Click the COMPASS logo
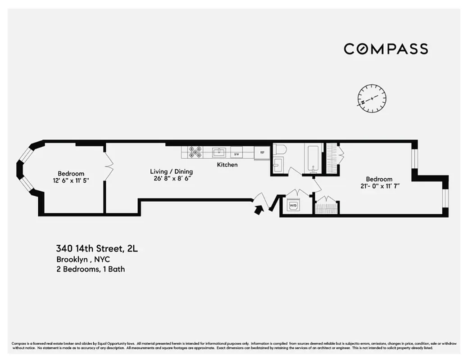pyautogui.click(x=386, y=49)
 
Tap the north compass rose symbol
pyautogui.click(x=372, y=99)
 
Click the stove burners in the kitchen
pyautogui.click(x=195, y=152)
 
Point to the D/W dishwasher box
pyautogui.click(x=236, y=153)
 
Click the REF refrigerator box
pyautogui.click(x=262, y=153)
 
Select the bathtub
pyautogui.click(x=312, y=158)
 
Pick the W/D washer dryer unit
pyautogui.click(x=293, y=205)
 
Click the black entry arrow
pyautogui.click(x=259, y=209)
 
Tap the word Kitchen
pyautogui.click(x=227, y=165)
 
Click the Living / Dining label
pyautogui.click(x=171, y=171)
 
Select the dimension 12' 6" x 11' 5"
pyautogui.click(x=71, y=181)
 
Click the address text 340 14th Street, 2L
pyautogui.click(x=100, y=248)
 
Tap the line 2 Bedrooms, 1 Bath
pyautogui.click(x=91, y=270)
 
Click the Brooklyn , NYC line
pyautogui.click(x=83, y=260)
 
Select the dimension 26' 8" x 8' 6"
pyautogui.click(x=171, y=179)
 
